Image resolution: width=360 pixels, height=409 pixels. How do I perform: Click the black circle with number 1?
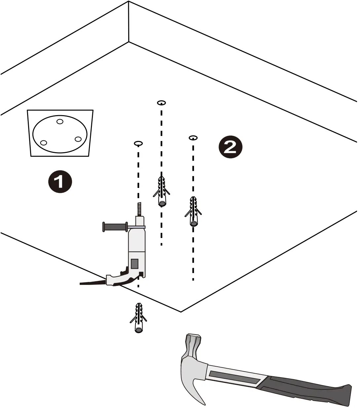(x=60, y=182)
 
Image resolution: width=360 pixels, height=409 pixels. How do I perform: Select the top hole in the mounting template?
(x=60, y=121)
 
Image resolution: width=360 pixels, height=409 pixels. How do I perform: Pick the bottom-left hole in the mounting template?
(x=43, y=143)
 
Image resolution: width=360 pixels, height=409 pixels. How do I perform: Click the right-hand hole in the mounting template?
(x=78, y=139)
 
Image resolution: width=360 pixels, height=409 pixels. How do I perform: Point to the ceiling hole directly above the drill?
(x=138, y=143)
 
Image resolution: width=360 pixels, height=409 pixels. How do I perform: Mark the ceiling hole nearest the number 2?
(x=193, y=137)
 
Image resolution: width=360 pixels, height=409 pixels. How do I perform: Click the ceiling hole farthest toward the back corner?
(x=161, y=103)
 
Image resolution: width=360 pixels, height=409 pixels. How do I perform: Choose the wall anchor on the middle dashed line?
(x=162, y=192)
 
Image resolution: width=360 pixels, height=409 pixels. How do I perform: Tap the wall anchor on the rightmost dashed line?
(x=194, y=212)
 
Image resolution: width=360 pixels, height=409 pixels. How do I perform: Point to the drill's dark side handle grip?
(x=115, y=227)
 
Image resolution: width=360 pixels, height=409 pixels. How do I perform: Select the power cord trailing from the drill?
(x=92, y=282)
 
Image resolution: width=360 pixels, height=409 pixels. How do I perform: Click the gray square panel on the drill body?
(x=135, y=263)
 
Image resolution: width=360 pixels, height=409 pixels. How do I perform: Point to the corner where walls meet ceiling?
(x=129, y=42)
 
